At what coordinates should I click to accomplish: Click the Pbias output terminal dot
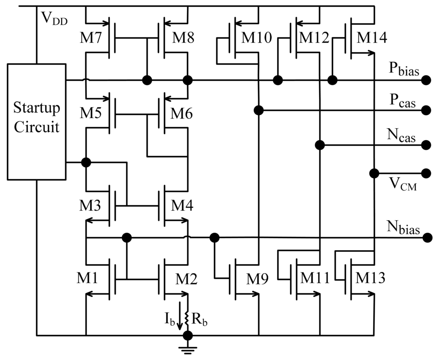point(426,80)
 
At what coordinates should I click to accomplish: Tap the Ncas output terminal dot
point(426,145)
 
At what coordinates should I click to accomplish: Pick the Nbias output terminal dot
point(426,237)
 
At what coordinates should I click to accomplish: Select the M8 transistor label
point(183,38)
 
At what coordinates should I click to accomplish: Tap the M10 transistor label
point(256,38)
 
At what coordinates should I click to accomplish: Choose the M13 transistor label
point(370,278)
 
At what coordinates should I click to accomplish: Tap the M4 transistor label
point(183,207)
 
